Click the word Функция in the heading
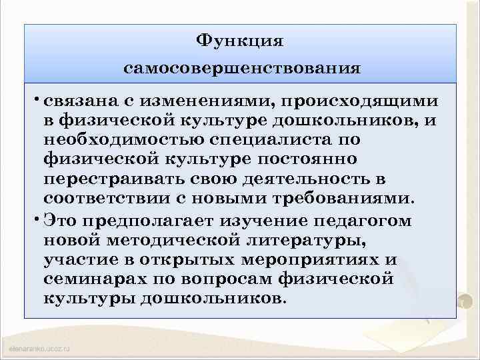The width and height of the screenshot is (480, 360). [240, 41]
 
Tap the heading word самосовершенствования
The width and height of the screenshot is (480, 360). [243, 68]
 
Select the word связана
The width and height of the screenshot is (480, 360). [77, 101]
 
